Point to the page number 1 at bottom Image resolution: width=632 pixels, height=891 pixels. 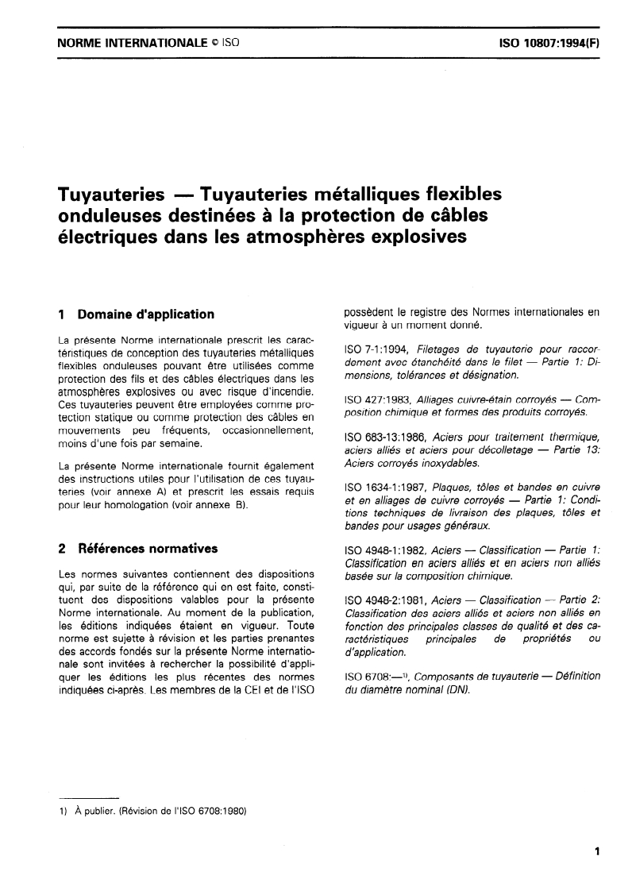tap(596, 852)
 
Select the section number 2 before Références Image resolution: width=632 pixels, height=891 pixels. tap(63, 548)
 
